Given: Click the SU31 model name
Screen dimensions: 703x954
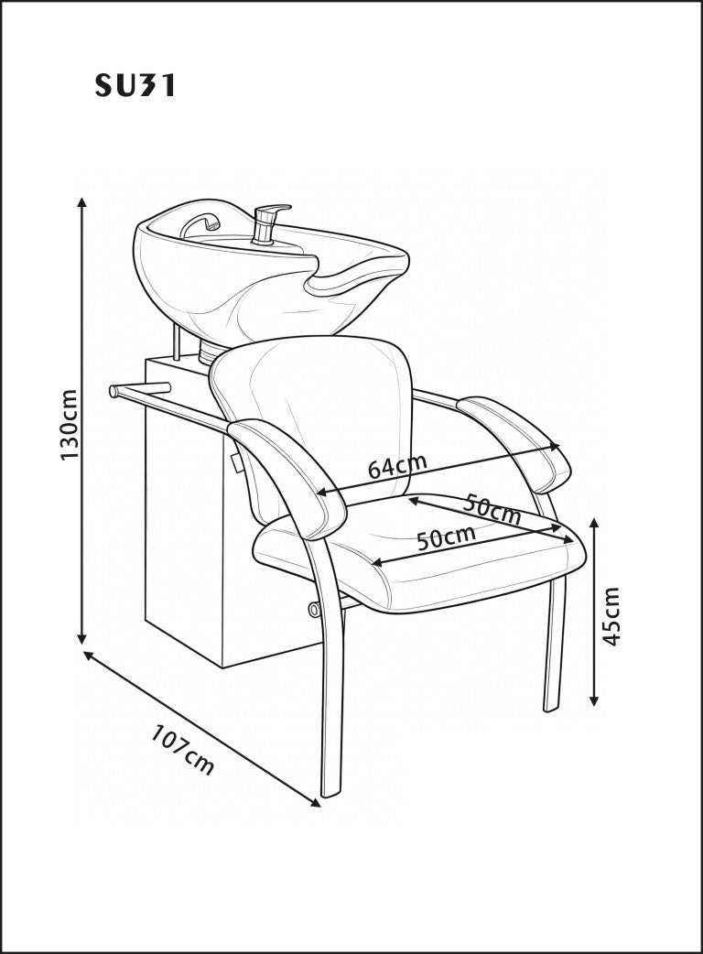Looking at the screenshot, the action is pyautogui.click(x=135, y=86).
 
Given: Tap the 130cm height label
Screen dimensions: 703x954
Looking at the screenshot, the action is pyautogui.click(x=70, y=425).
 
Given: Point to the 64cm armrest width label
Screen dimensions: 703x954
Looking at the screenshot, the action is pyautogui.click(x=397, y=465).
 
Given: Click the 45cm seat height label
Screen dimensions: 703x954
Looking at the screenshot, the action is pyautogui.click(x=610, y=616).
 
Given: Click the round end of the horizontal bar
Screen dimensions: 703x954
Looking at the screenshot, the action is pyautogui.click(x=114, y=391).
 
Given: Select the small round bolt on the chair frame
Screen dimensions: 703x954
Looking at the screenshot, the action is pyautogui.click(x=314, y=609).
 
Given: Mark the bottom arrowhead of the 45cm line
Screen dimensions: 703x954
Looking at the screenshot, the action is pyautogui.click(x=595, y=700).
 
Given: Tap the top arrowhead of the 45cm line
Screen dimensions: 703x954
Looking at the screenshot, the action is pyautogui.click(x=595, y=524).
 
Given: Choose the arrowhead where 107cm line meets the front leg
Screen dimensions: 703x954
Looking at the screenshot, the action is pyautogui.click(x=315, y=803).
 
